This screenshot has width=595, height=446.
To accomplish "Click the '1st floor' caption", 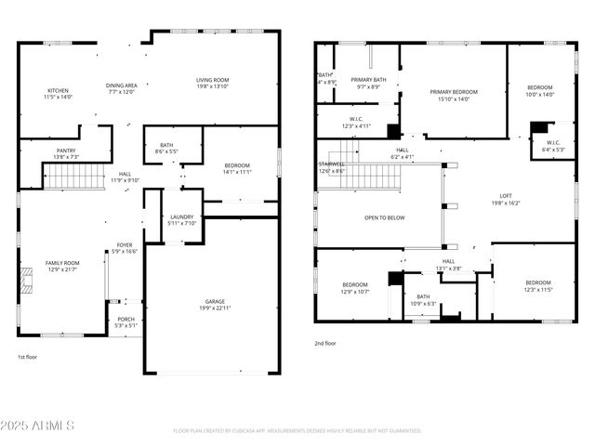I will (x=29, y=356).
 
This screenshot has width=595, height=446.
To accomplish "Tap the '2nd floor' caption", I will (x=325, y=343).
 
